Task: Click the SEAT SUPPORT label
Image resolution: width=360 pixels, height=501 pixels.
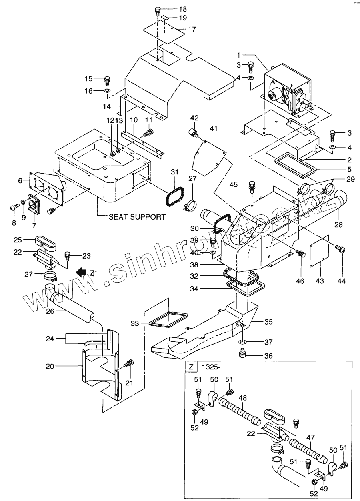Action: tap(137, 217)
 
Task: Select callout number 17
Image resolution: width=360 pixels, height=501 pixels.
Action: tap(192, 29)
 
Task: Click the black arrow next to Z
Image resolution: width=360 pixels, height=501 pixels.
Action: tap(82, 273)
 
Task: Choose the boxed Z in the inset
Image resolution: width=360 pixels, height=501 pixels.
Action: tap(191, 366)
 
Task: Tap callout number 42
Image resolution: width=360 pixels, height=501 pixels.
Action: tap(194, 118)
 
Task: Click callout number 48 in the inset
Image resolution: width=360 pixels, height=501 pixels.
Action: tap(242, 398)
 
